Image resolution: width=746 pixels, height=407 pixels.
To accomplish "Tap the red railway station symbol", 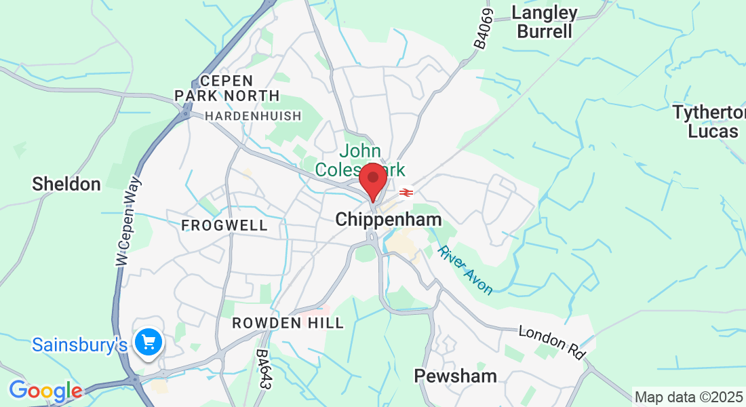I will coord(406,193).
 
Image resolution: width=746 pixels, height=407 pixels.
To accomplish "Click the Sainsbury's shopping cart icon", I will coord(148,342).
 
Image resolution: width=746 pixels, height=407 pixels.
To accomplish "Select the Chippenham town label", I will coord(388,219).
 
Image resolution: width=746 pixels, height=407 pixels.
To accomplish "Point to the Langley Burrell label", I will coord(544,22).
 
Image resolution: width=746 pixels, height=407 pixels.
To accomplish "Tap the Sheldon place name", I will coord(66,184).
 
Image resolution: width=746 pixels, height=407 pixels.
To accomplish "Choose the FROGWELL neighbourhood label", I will coord(224,225).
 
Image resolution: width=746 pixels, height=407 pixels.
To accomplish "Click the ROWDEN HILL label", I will coord(288,323).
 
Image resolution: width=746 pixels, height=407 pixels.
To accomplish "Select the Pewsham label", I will coord(456,376).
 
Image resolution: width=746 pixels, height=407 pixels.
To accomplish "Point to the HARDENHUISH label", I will coord(253,116).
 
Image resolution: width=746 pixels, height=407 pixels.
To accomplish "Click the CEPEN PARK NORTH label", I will coord(227,89).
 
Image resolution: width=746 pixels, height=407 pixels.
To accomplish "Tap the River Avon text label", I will coord(465,270).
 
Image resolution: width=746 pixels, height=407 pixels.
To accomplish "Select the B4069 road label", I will coord(481,29).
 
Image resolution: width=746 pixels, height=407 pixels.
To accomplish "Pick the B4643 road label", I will coord(264,369).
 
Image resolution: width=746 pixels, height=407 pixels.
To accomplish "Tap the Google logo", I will coord(45,391).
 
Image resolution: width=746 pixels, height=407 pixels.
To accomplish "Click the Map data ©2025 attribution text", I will coord(688,397).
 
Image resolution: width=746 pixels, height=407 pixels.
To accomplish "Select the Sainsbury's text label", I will coord(79,345).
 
